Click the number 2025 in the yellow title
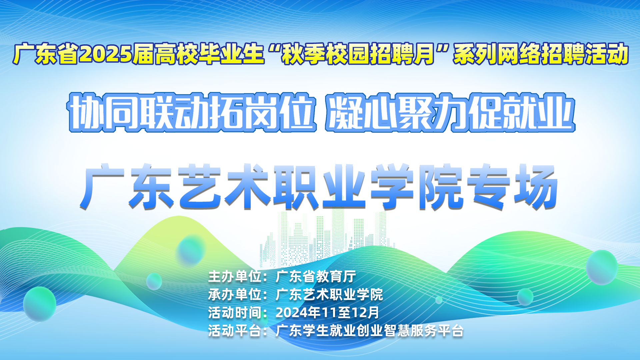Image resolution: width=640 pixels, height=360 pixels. point(106,54)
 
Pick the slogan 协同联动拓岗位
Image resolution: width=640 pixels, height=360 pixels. point(192,113)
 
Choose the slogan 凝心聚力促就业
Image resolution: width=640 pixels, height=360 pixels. point(450,113)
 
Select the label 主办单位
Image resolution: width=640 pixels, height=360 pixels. point(235,277)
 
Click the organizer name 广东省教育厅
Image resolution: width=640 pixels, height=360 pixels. point(316,277)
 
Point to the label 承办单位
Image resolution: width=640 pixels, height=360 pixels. point(235,295)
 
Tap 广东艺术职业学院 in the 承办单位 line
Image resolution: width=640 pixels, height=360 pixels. point(329,295)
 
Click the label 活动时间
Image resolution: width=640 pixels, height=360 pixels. point(235,313)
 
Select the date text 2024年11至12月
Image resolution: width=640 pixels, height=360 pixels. point(327,313)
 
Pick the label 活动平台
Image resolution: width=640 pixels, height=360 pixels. point(235,331)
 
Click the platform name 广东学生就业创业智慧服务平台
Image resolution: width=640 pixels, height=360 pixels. point(370,331)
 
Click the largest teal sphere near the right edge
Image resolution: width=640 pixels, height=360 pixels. point(602,267)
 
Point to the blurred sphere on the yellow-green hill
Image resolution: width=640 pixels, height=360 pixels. point(191,250)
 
